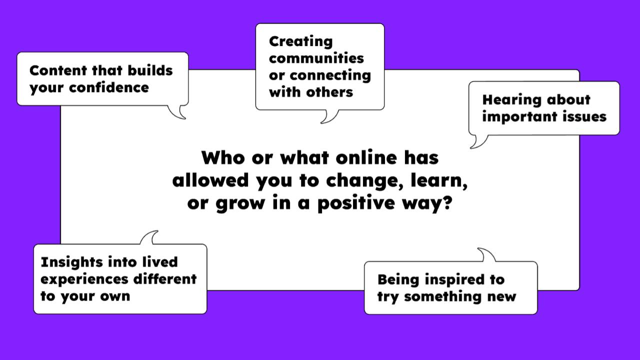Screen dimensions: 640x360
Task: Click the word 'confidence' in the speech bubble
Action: point(109,87)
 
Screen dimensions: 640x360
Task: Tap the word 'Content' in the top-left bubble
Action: point(58,70)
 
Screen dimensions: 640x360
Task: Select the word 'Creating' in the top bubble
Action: point(301,42)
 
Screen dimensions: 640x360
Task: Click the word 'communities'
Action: point(316,58)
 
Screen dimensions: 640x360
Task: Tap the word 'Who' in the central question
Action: point(223,157)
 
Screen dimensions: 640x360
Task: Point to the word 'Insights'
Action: point(71,263)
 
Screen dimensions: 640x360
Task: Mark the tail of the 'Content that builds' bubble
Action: point(177,112)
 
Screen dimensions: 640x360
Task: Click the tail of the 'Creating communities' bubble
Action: point(329,116)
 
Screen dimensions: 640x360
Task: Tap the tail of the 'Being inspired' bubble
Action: point(486,255)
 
